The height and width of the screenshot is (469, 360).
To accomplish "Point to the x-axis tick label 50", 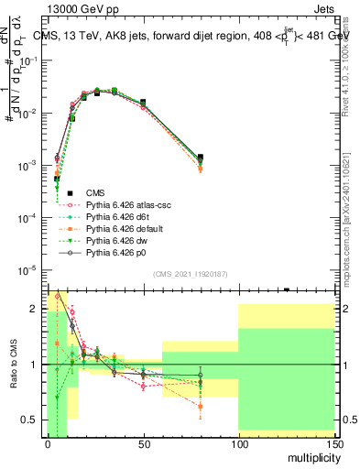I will click(x=143, y=443).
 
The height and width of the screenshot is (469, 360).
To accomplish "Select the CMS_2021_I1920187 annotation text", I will click(x=190, y=274).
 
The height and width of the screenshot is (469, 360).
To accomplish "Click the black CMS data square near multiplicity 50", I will click(x=143, y=103).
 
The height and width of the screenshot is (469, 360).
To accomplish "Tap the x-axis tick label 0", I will click(x=48, y=443).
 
